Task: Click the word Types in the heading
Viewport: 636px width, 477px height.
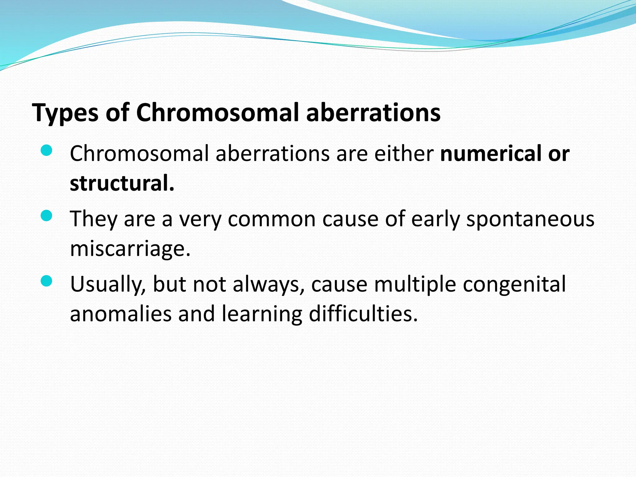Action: point(65,113)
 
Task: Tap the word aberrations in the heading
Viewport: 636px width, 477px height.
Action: point(373,112)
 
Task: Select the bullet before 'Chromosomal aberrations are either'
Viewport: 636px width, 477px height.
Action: point(46,151)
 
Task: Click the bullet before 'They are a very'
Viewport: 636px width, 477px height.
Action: point(46,216)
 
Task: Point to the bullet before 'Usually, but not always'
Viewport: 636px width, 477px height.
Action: point(46,281)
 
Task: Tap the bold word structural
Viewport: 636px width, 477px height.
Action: point(122,183)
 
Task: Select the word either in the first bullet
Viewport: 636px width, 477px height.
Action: point(404,153)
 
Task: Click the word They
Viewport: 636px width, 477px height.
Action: point(93,219)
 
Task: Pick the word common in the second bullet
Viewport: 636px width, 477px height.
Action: point(271,219)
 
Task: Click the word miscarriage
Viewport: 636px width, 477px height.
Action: point(130,249)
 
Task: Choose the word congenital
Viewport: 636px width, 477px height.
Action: point(514,284)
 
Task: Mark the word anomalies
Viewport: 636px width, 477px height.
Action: point(120,314)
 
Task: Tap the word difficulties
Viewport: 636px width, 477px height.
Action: point(363,314)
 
